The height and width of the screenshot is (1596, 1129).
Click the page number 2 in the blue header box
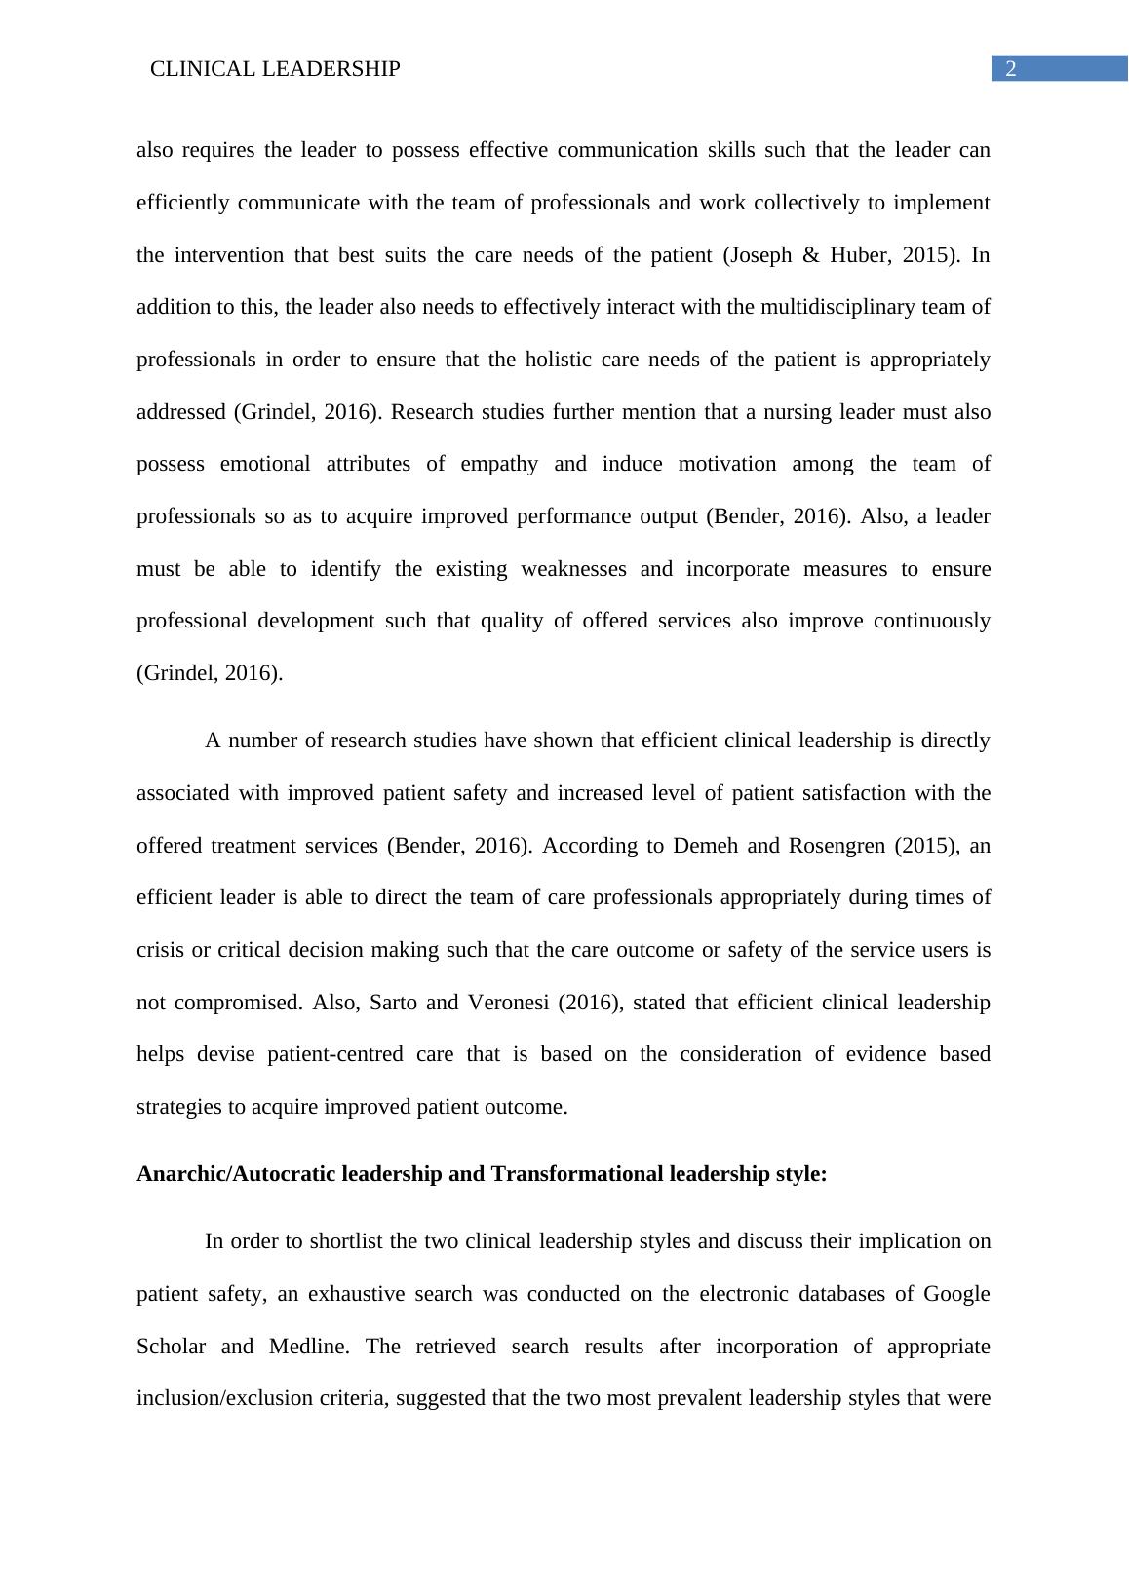coord(1011,69)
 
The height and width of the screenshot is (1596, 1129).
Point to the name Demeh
coord(705,846)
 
